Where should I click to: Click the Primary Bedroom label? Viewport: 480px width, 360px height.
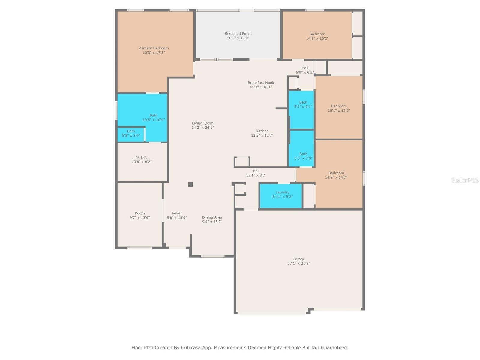click(x=154, y=48)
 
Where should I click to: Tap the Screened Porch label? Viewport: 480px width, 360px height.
click(x=238, y=33)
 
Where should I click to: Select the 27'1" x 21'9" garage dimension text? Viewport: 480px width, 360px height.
click(x=298, y=263)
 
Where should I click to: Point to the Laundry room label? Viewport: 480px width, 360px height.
click(x=282, y=192)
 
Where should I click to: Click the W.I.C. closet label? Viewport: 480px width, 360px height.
click(x=142, y=157)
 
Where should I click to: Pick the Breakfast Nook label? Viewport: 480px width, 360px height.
click(x=261, y=82)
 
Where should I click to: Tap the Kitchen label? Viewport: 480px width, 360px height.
click(x=262, y=131)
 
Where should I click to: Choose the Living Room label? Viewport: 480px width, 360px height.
click(x=202, y=123)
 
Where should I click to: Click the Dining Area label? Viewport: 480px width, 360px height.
click(x=212, y=217)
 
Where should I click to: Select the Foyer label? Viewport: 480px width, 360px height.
click(x=177, y=213)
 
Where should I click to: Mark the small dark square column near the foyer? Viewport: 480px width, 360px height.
click(x=190, y=184)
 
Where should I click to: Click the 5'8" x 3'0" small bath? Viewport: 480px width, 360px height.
click(x=131, y=133)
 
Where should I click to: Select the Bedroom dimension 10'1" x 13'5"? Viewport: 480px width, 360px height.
click(x=338, y=110)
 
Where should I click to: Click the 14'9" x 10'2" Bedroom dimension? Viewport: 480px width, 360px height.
click(x=317, y=38)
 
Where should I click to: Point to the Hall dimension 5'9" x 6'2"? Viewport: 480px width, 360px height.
click(x=305, y=72)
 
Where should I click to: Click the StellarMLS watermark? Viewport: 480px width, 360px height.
click(x=465, y=180)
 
